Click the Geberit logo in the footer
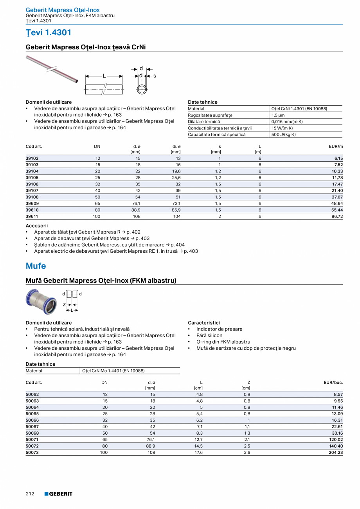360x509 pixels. point(58,494)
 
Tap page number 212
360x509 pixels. point(30,494)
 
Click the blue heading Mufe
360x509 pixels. point(36,266)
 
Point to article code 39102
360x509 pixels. point(32,158)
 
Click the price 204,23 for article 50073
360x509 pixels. point(335,452)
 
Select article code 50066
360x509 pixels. point(32,420)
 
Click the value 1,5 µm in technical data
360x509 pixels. point(278,115)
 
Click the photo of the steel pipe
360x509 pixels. point(52,69)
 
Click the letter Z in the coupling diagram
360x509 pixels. point(65,304)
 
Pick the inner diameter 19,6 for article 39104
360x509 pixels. point(176,171)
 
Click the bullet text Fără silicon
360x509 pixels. point(209,335)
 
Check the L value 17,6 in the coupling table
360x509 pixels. point(198,452)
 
